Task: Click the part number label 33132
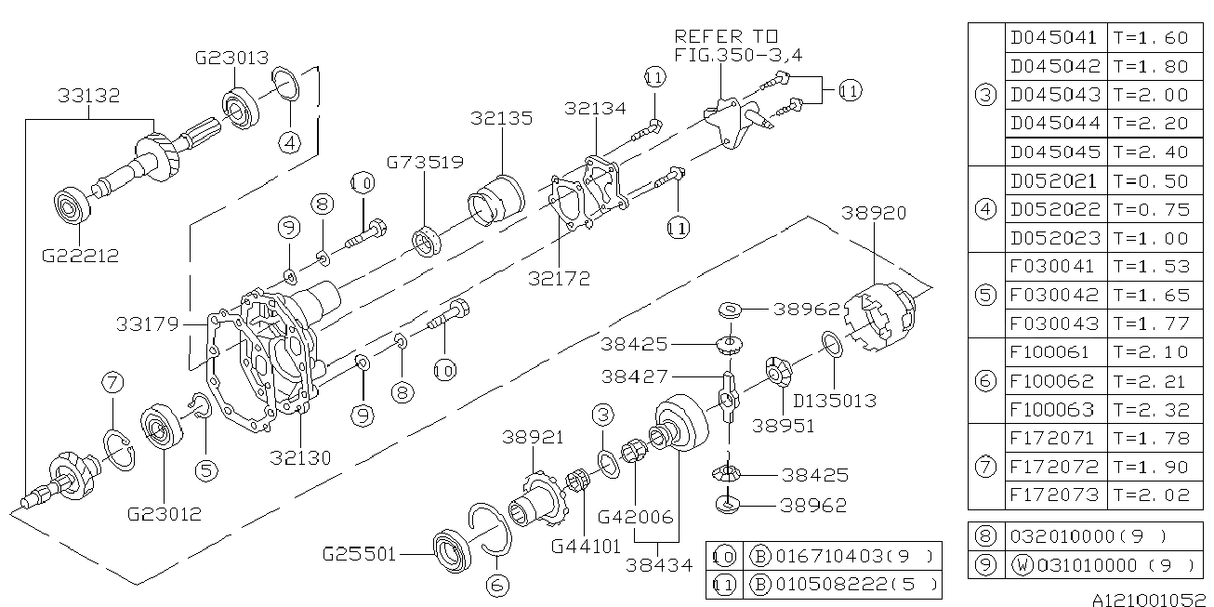click(x=89, y=96)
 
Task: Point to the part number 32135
click(x=501, y=118)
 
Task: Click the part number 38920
click(x=874, y=213)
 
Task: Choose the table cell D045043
click(x=1054, y=95)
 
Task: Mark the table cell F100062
click(x=1054, y=381)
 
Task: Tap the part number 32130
click(x=302, y=457)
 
